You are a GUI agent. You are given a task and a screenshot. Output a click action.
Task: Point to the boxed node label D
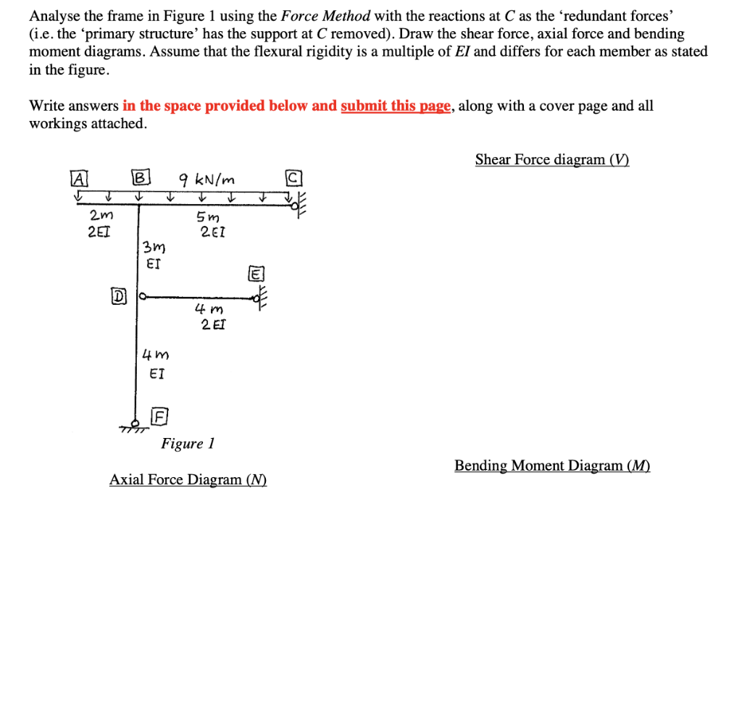117,296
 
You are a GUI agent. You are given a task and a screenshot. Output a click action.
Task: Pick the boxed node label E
257,274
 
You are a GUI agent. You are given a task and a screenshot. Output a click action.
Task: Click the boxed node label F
159,416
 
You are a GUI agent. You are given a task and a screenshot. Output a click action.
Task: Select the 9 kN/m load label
209,180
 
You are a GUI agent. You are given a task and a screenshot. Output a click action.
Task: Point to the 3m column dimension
152,248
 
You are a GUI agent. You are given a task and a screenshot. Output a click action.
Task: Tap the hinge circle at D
143,296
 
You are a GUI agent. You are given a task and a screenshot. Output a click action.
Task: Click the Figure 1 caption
188,443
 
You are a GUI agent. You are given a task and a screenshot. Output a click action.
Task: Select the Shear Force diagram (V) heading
552,159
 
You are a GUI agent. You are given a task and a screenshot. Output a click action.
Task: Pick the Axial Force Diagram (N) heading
188,479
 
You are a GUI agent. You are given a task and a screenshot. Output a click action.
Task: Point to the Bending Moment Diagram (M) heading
552,466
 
